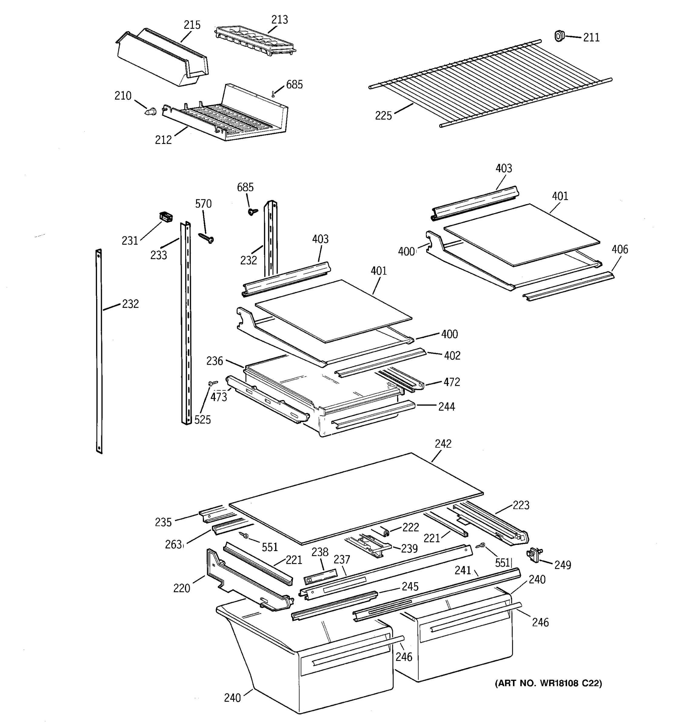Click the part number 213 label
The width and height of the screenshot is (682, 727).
(x=279, y=20)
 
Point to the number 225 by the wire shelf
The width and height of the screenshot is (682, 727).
(x=383, y=115)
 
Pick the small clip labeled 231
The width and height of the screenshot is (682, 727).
(x=166, y=217)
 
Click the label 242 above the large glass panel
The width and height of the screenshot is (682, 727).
(x=443, y=443)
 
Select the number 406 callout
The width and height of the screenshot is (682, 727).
(x=620, y=249)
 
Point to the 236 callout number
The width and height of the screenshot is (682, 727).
(x=214, y=361)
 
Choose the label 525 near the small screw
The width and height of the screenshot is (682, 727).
(x=202, y=420)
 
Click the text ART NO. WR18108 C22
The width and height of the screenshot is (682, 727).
(x=548, y=683)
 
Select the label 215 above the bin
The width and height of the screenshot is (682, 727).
(x=192, y=25)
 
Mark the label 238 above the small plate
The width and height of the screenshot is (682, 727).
(x=320, y=552)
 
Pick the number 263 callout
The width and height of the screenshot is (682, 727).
(x=173, y=545)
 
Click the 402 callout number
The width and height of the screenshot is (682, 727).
(x=452, y=355)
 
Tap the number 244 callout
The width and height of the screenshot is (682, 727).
(x=446, y=406)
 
